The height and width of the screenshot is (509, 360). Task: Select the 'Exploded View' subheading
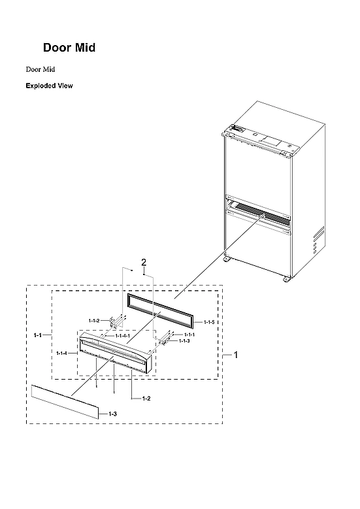click(x=49, y=86)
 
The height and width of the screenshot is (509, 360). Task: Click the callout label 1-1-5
click(x=209, y=323)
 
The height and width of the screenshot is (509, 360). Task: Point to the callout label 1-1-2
click(x=94, y=320)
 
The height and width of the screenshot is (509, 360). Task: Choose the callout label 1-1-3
click(x=184, y=341)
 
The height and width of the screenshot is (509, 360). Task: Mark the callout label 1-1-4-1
click(x=122, y=336)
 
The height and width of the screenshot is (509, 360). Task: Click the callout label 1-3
click(x=112, y=414)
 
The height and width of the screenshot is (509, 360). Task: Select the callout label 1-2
click(x=146, y=398)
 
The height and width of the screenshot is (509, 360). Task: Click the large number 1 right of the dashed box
click(x=236, y=355)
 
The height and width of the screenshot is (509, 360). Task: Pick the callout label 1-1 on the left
click(x=38, y=335)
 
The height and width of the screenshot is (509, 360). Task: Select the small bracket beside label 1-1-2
click(x=116, y=322)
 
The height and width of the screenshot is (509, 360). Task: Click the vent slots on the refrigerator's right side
click(x=318, y=240)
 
